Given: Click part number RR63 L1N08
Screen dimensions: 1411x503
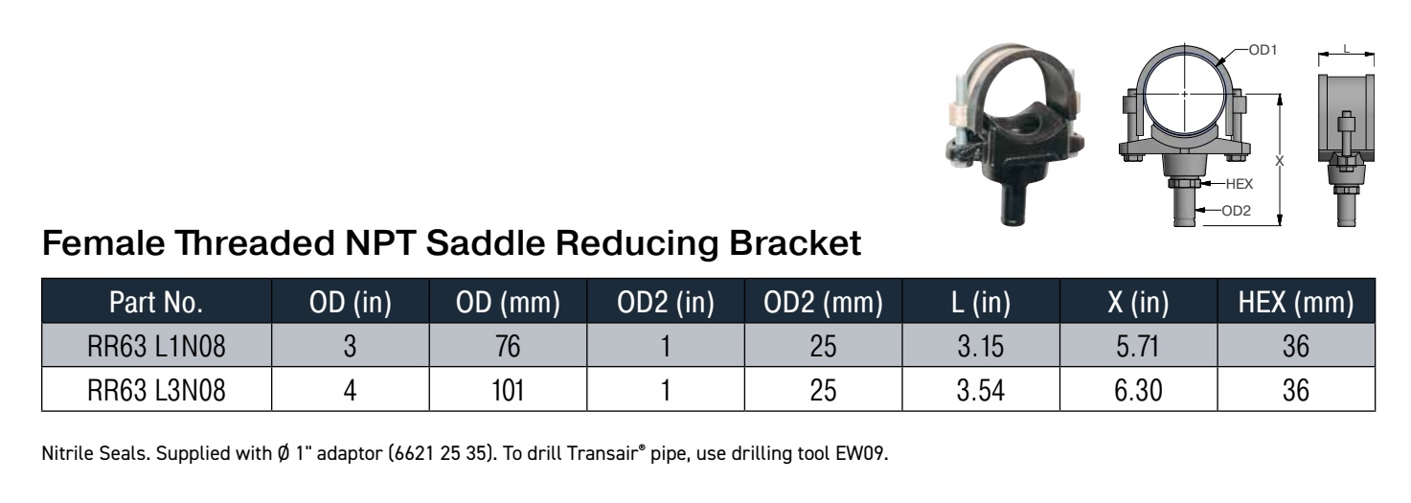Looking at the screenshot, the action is pyautogui.click(x=156, y=346).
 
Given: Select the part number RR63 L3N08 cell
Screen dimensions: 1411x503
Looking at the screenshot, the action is pyautogui.click(x=156, y=390).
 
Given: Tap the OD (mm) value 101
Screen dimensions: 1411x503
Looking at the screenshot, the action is pyautogui.click(x=508, y=390).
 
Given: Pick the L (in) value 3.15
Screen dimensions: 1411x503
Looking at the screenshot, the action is pyautogui.click(x=981, y=346).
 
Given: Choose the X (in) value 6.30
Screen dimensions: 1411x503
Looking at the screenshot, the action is pyautogui.click(x=1138, y=390).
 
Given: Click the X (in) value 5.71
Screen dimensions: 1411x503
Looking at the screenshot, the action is pyautogui.click(x=1138, y=346).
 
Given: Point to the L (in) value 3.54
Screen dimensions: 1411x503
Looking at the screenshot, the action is pyautogui.click(x=981, y=390).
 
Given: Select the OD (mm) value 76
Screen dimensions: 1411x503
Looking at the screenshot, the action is pyautogui.click(x=508, y=346).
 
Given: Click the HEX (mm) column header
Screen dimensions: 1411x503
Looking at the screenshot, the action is pyautogui.click(x=1296, y=302).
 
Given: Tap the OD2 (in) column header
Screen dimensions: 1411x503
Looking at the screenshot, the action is pyautogui.click(x=666, y=302).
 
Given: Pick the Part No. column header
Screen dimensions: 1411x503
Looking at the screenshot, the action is pyautogui.click(x=156, y=302).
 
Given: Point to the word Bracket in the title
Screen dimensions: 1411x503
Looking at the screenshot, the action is pyautogui.click(x=795, y=243).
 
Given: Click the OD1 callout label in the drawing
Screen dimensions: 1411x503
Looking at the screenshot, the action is pyautogui.click(x=1263, y=50).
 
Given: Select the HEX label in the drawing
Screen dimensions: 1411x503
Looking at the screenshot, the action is pyautogui.click(x=1239, y=184).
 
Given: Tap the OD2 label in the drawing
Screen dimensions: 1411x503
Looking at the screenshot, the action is pyautogui.click(x=1236, y=211).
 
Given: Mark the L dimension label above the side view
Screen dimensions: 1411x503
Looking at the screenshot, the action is pyautogui.click(x=1346, y=49).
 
